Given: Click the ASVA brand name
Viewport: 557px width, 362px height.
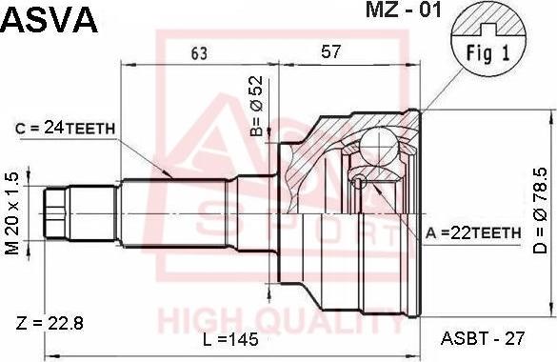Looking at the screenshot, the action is pyautogui.click(x=50, y=20).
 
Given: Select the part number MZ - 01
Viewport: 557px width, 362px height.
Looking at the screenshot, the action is pyautogui.click(x=404, y=10).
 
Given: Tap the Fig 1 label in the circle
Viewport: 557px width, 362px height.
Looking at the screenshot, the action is pyautogui.click(x=487, y=53).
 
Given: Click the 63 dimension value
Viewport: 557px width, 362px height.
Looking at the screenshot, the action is pyautogui.click(x=199, y=53).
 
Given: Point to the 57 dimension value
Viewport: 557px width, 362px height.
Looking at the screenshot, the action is pyautogui.click(x=331, y=51).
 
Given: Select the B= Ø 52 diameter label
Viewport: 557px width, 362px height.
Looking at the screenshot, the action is pyautogui.click(x=256, y=106).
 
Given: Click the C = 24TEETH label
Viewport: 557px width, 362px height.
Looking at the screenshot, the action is pyautogui.click(x=66, y=128).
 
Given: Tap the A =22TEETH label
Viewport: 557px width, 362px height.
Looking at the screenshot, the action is pyautogui.click(x=473, y=232).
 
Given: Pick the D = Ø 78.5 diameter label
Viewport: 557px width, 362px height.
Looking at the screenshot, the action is pyautogui.click(x=541, y=211).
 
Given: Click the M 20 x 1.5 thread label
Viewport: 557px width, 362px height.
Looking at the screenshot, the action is pyautogui.click(x=12, y=213).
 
